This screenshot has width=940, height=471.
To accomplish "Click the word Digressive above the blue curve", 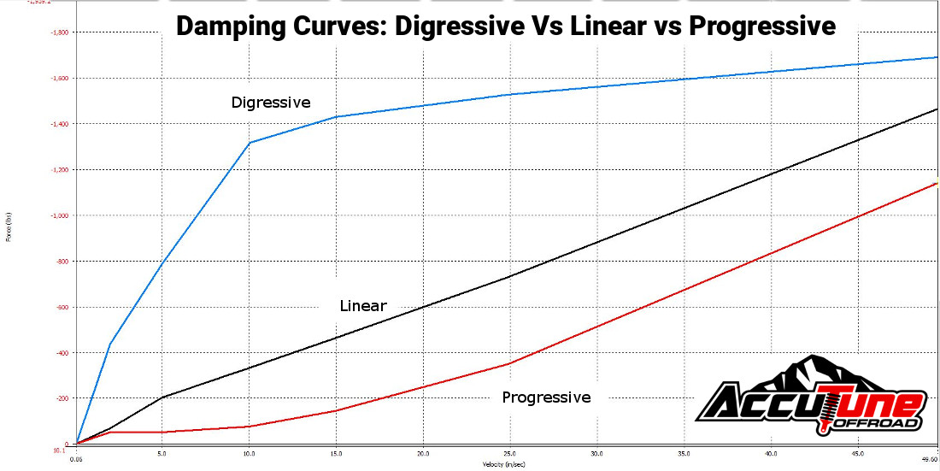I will tap(271, 103).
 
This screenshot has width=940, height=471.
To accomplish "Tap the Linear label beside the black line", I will tap(363, 306).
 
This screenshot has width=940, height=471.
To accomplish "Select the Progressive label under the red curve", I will tap(546, 397).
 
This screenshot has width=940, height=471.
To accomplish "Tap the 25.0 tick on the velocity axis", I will tap(509, 454).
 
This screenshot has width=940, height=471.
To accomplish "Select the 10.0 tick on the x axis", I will tap(249, 454).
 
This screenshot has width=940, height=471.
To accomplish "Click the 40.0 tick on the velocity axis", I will tap(771, 454).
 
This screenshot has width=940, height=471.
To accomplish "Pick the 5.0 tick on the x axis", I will tap(162, 454).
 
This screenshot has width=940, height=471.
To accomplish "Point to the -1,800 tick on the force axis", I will tap(61, 32).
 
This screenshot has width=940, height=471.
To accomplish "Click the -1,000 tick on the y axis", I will tap(61, 215).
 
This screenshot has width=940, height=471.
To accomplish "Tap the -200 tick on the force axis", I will tap(62, 399).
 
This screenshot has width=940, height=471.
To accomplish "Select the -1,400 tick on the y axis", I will tap(61, 124).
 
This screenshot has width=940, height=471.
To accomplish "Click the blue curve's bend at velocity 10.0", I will tap(249, 142).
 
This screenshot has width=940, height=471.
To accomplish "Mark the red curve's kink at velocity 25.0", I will tap(509, 363).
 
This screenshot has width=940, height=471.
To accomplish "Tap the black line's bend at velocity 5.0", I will tap(162, 397).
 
